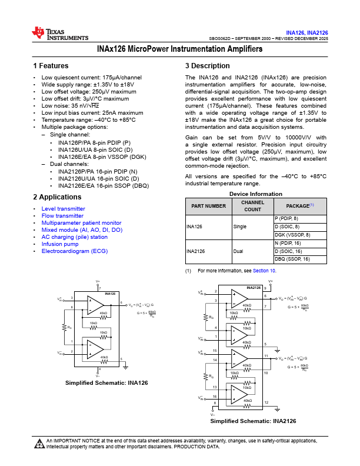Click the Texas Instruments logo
tap(52, 34)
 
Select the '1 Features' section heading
tap(51, 66)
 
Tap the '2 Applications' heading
tap(58, 197)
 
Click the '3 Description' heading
tap(207, 66)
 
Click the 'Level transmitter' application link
tap(63, 209)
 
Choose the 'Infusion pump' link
tap(59, 244)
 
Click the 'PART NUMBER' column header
tap(206, 206)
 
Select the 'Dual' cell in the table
tap(238, 251)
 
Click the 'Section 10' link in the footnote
tap(264, 271)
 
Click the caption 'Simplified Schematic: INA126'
tap(106, 382)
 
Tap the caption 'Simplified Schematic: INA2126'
tap(253, 421)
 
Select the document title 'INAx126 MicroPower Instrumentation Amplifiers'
tap(179, 49)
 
